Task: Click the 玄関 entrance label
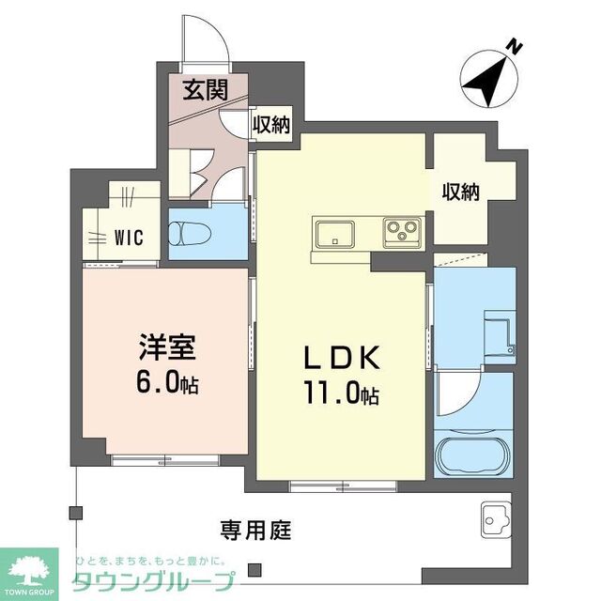click(203, 91)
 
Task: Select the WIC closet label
click(128, 238)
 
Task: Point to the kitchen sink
click(334, 232)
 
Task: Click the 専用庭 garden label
click(255, 529)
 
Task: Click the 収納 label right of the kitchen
click(461, 192)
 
